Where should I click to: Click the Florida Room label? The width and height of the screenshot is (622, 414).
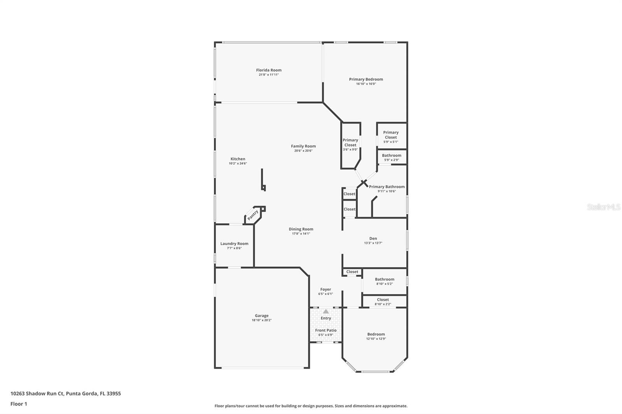pyautogui.click(x=269, y=70)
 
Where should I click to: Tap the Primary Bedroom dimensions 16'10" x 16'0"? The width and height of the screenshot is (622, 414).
pyautogui.click(x=366, y=84)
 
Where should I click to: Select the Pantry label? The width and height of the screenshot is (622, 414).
pyautogui.click(x=253, y=215)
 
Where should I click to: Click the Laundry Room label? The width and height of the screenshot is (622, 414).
pyautogui.click(x=234, y=244)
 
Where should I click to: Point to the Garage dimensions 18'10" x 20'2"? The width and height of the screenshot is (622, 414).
pyautogui.click(x=262, y=320)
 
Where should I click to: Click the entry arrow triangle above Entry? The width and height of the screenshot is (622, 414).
pyautogui.click(x=326, y=311)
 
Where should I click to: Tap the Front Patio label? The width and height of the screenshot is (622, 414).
pyautogui.click(x=326, y=330)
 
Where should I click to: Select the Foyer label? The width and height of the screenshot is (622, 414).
pyautogui.click(x=326, y=289)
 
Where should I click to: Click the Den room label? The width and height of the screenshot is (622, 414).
pyautogui.click(x=373, y=238)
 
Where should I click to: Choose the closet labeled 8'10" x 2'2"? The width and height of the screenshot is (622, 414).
pyautogui.click(x=383, y=301)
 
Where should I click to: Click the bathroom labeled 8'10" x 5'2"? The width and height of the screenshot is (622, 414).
pyautogui.click(x=384, y=281)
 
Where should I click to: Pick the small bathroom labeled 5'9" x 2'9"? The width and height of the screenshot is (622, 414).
pyautogui.click(x=391, y=157)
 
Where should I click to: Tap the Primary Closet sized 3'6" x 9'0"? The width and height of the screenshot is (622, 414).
pyautogui.click(x=350, y=144)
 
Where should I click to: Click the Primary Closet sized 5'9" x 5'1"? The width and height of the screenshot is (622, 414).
pyautogui.click(x=391, y=137)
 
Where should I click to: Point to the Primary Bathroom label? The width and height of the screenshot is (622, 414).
pyautogui.click(x=387, y=187)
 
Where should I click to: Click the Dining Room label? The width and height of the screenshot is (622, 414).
pyautogui.click(x=301, y=229)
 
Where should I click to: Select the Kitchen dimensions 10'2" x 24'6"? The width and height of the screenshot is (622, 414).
pyautogui.click(x=238, y=164)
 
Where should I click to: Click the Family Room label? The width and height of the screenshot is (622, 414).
pyautogui.click(x=303, y=146)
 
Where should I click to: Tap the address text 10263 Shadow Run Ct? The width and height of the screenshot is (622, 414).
pyautogui.click(x=37, y=393)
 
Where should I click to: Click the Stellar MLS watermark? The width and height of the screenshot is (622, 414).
pyautogui.click(x=603, y=207)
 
